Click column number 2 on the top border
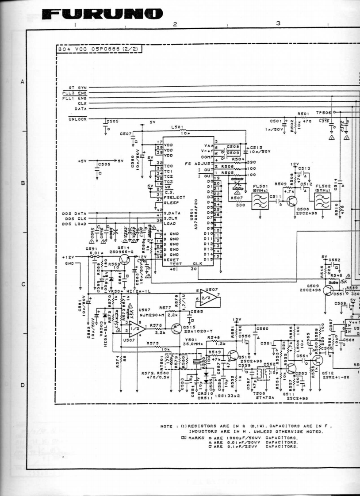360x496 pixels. pyautogui.click(x=175, y=25)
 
